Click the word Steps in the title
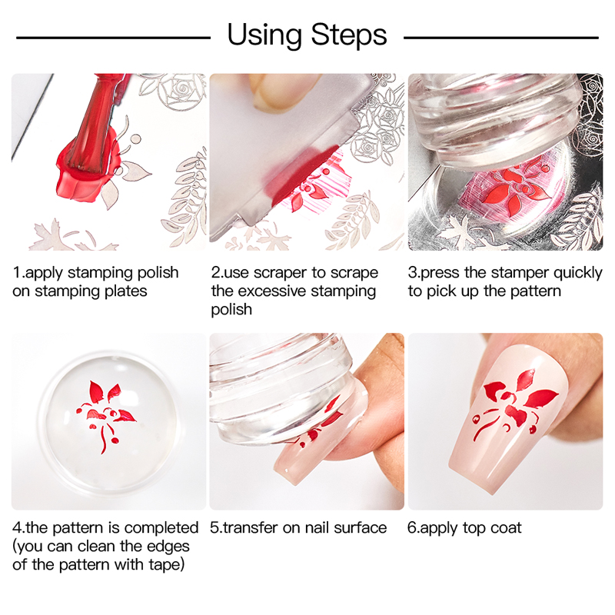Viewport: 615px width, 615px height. click(x=349, y=35)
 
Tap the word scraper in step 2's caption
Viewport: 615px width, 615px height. click(x=279, y=273)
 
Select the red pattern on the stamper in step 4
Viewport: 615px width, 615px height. click(x=106, y=414)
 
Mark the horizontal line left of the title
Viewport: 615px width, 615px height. click(x=113, y=38)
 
